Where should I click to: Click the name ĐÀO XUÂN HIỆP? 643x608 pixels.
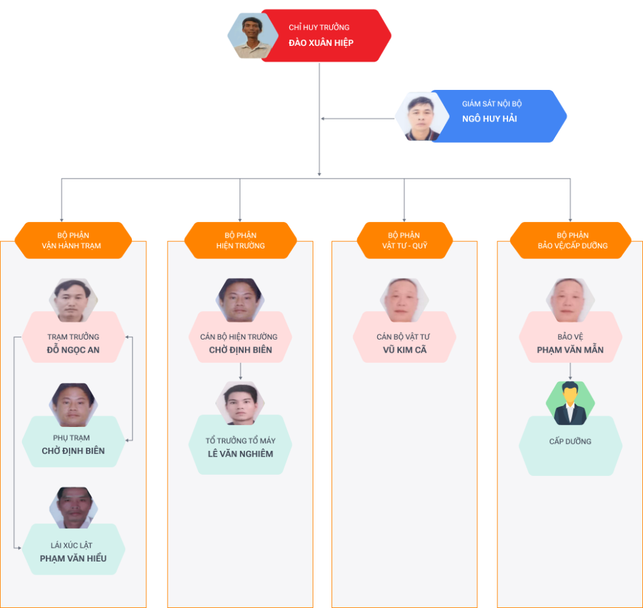[321, 43]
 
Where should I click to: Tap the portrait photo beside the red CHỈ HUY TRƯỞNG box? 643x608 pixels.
[252, 36]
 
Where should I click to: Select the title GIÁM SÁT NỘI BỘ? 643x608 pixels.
[492, 104]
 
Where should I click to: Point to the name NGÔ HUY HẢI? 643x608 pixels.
[489, 119]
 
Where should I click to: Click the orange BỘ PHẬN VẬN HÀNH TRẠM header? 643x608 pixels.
[73, 240]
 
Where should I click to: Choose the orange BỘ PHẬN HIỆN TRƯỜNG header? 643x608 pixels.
[240, 240]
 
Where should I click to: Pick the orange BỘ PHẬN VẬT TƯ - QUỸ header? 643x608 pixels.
[405, 240]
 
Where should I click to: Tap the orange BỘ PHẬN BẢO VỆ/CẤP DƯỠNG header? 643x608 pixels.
[570, 240]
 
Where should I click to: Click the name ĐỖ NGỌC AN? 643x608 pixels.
[73, 350]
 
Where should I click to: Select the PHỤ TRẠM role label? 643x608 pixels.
[72, 438]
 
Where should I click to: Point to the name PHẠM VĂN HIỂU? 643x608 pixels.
[73, 558]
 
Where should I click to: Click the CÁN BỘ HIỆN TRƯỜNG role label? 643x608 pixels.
[239, 336]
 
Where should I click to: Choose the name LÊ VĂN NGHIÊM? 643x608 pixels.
[240, 453]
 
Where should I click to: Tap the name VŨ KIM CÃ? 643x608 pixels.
[405, 350]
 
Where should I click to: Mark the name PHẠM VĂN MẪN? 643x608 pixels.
[570, 350]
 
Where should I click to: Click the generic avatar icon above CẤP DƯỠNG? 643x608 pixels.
[570, 404]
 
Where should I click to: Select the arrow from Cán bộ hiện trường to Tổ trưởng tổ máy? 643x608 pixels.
[240, 371]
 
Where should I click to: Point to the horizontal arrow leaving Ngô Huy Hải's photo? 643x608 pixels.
[357, 119]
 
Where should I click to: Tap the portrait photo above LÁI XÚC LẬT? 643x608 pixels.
[73, 507]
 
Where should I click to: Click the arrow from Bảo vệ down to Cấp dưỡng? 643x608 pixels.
[570, 371]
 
